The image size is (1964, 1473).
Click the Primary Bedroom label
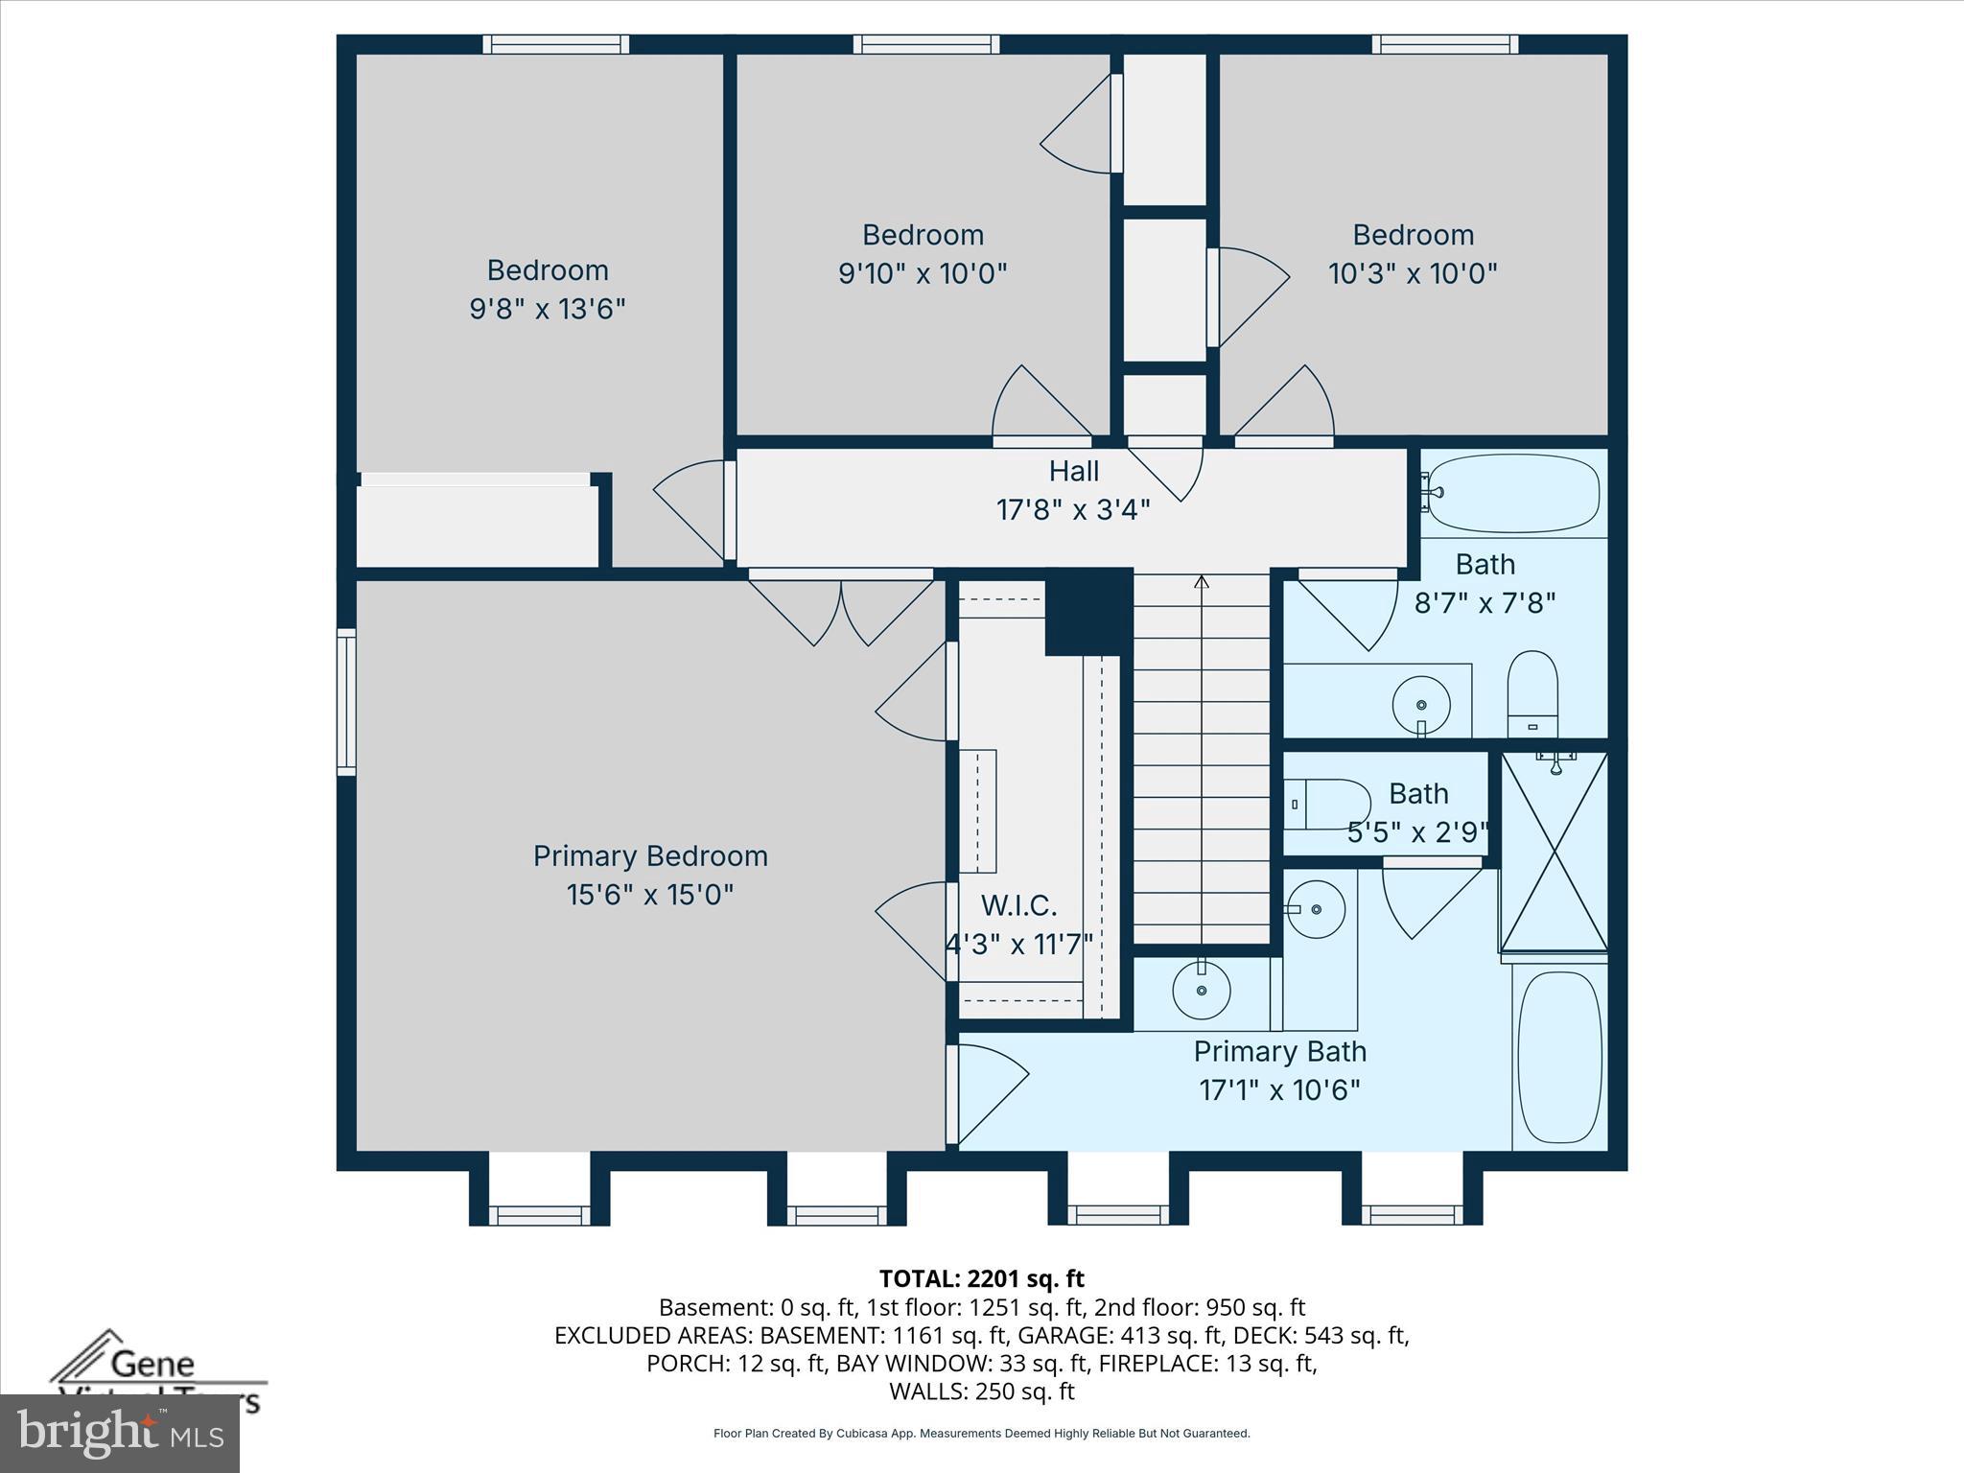click(650, 856)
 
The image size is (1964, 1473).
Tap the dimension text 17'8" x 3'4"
click(1073, 510)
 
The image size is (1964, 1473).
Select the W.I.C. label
click(1018, 905)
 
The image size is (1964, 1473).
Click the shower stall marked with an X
click(1554, 852)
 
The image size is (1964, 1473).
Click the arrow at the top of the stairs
click(1202, 581)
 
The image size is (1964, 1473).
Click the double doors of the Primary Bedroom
click(841, 609)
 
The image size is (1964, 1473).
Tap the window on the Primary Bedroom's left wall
click(346, 701)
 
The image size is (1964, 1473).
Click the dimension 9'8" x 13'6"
click(548, 310)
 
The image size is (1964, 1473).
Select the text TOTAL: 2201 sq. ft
click(981, 1278)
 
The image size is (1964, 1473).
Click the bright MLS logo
click(120, 1434)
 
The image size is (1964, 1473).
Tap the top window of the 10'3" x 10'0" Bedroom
click(1444, 44)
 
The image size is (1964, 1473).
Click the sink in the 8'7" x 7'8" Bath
click(1420, 705)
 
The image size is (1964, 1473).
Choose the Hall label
click(1073, 471)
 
